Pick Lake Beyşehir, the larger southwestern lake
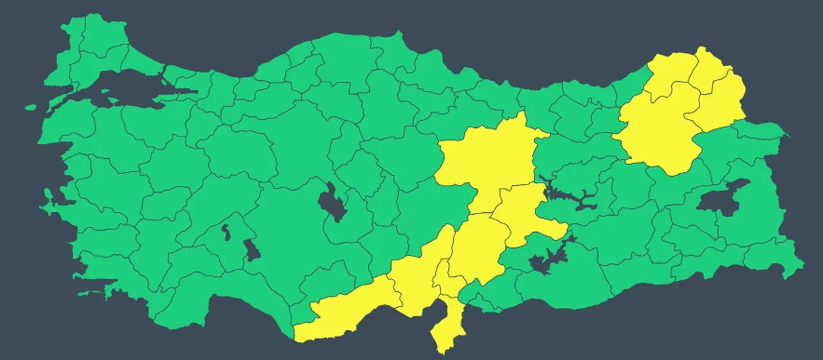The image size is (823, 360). pyautogui.click(x=253, y=249)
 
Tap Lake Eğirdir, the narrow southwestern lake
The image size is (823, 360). pyautogui.click(x=226, y=231)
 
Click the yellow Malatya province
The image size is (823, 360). pyautogui.click(x=524, y=215)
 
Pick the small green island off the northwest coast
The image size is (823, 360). pyautogui.click(x=30, y=107)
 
